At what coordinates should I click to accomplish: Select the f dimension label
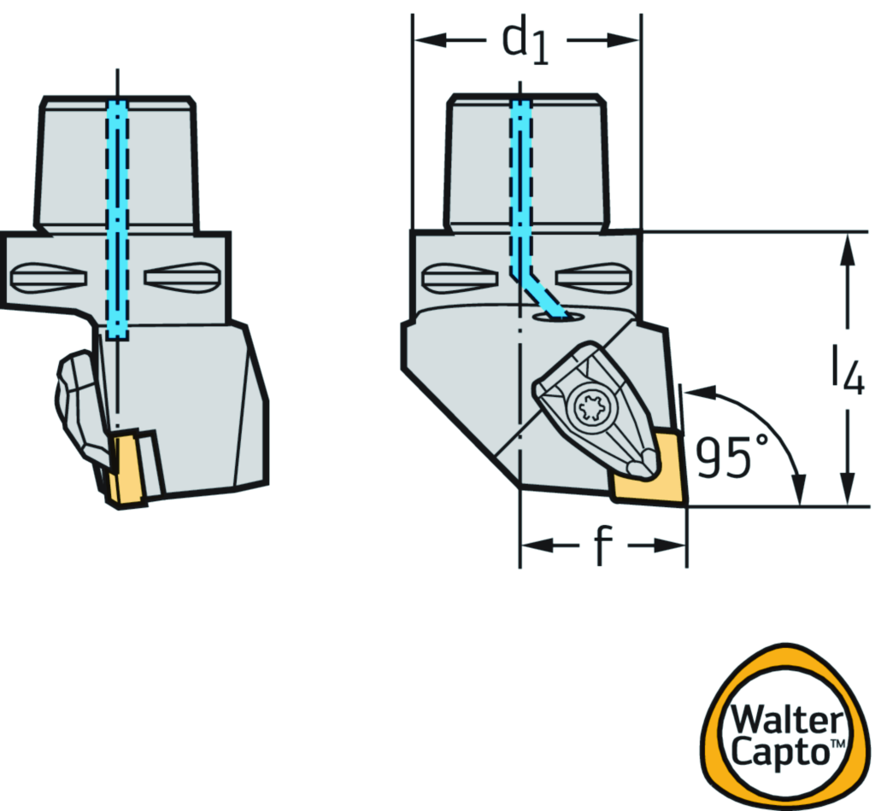(x=603, y=546)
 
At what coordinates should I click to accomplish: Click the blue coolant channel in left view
(x=117, y=213)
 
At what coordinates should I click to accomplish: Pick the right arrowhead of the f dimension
(x=674, y=546)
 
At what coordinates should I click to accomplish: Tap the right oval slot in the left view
(x=180, y=276)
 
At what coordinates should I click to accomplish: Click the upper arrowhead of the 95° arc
(x=696, y=393)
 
